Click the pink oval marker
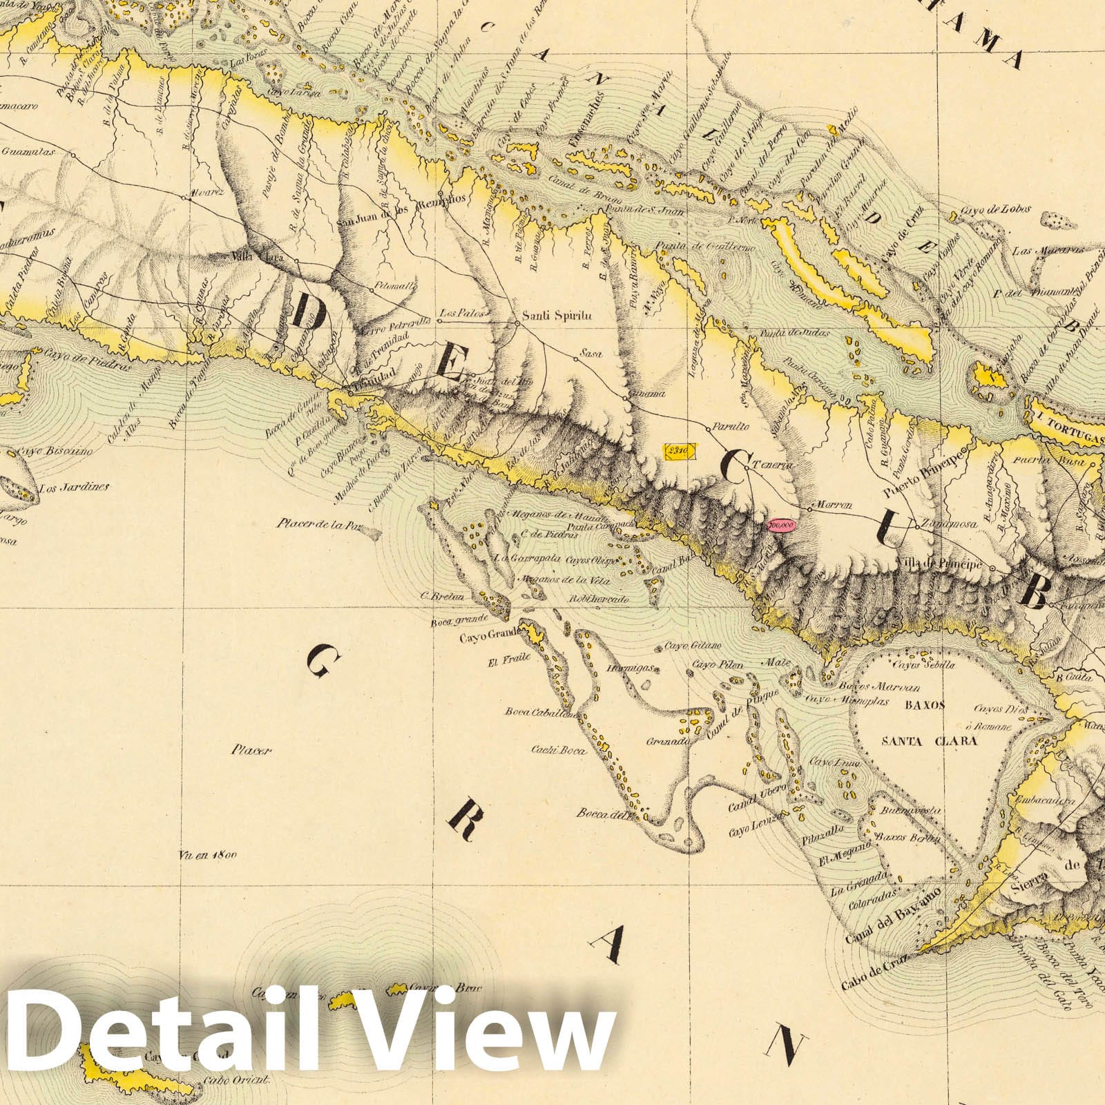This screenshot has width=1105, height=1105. [x=782, y=525]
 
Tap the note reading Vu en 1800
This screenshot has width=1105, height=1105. [x=207, y=854]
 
